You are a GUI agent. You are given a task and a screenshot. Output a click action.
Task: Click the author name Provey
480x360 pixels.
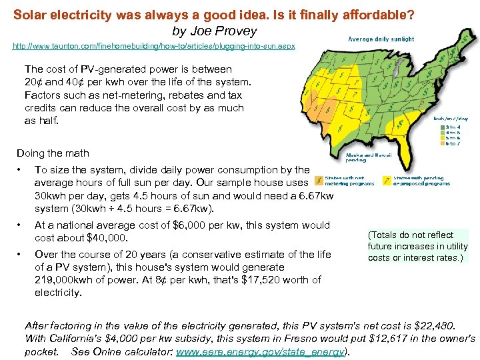238,31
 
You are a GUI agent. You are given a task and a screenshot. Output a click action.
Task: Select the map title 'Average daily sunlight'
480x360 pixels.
381,39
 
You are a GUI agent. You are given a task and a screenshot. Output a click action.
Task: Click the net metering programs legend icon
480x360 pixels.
319,180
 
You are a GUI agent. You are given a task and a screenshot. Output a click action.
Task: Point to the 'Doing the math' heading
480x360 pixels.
56,153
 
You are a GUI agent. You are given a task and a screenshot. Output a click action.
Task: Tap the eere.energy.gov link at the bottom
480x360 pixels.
261,352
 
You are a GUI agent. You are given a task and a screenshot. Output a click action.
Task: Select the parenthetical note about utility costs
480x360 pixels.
417,246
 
